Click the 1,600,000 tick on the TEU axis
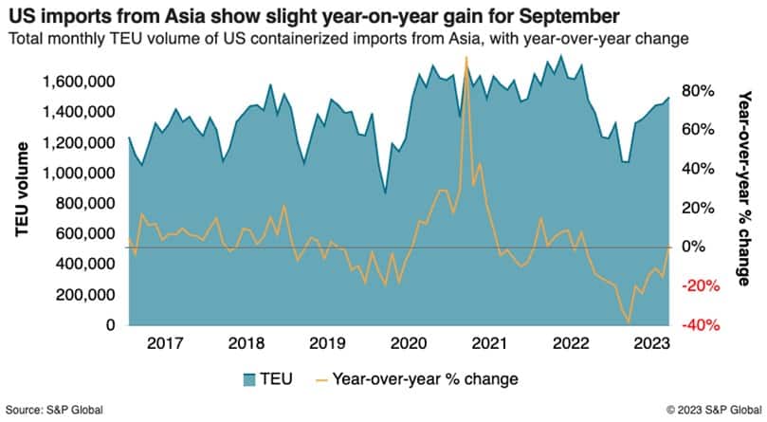(x=79, y=83)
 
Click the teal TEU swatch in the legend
(x=249, y=379)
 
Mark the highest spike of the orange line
(x=466, y=58)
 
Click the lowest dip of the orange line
(x=629, y=322)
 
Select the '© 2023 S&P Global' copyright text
(x=714, y=411)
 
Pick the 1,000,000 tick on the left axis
(x=79, y=174)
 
